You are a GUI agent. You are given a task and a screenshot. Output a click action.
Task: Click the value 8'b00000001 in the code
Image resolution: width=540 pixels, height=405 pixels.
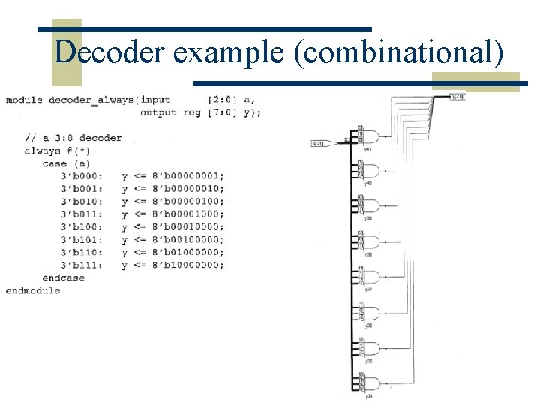tap(187, 176)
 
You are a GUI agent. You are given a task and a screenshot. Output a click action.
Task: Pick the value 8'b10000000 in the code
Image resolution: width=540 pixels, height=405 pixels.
tap(187, 265)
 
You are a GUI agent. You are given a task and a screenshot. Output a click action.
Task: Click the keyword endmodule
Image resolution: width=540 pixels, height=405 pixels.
tap(33, 290)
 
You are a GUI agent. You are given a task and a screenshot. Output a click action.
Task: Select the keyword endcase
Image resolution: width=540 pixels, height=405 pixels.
tap(64, 277)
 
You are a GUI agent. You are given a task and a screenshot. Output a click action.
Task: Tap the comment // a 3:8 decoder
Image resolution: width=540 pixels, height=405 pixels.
tap(73, 138)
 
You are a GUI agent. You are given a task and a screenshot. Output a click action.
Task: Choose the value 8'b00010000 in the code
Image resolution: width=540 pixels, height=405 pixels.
tap(187, 226)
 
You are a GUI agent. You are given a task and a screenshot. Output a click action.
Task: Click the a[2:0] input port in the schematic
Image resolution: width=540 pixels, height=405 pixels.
tap(319, 143)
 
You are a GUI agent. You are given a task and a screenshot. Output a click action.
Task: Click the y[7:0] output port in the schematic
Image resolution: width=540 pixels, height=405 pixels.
tap(457, 97)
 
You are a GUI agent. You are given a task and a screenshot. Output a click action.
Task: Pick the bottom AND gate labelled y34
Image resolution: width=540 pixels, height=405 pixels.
tap(370, 383)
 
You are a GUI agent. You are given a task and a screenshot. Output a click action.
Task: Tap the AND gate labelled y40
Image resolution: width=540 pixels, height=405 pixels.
tap(370, 171)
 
